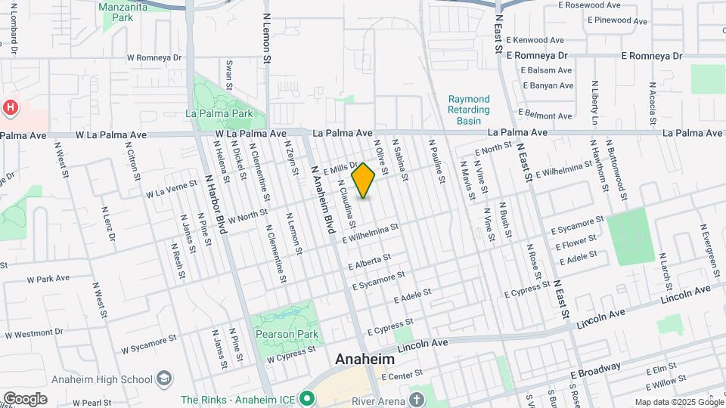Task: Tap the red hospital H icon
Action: point(11,107)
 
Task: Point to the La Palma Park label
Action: point(219,114)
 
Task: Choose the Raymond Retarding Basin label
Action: point(470,110)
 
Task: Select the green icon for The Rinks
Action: point(306,397)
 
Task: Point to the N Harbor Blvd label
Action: point(216,205)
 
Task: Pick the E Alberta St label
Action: point(369,262)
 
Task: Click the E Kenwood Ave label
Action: point(536,39)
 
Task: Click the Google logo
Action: point(25,398)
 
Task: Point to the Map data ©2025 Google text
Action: point(678,402)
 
